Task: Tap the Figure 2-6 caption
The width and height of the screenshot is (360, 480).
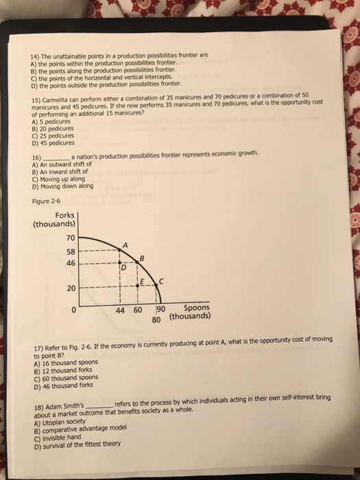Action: pos(47,201)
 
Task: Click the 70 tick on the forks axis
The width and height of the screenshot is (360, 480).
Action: pos(71,238)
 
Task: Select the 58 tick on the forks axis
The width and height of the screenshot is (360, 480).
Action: pos(71,251)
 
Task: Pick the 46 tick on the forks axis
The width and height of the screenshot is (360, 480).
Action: pos(71,263)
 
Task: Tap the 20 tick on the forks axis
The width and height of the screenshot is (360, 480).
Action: pos(71,288)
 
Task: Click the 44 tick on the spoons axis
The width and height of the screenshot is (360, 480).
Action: pos(120,310)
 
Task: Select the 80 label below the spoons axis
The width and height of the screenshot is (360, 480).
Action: pos(156,319)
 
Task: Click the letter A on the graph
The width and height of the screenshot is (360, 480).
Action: pos(125,246)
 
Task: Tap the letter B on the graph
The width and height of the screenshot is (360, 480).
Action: pos(142,257)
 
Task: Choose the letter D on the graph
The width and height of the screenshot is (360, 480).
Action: pos(125,268)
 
